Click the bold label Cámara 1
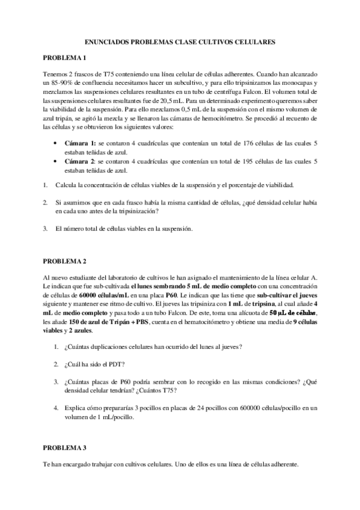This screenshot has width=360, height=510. tap(80, 144)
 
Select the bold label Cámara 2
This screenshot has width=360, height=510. tap(80, 162)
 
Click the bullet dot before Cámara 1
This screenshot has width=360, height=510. tap(56, 144)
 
